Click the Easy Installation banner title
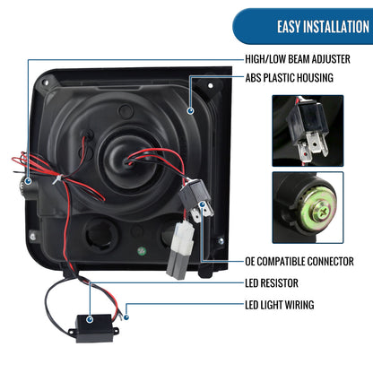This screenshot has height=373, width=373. click(323, 27)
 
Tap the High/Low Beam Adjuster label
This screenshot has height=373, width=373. click(298, 59)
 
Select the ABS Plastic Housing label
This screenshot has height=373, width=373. click(289, 78)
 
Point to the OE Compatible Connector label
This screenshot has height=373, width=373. click(299, 261)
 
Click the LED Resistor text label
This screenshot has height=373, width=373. click(272, 282)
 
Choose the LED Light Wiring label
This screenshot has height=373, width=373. click(280, 305)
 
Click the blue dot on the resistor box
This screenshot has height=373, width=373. click(90, 319)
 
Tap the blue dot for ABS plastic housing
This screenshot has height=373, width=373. click(190, 111)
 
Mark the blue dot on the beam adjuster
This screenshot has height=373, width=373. click(28, 181)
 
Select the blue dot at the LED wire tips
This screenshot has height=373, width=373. click(126, 317)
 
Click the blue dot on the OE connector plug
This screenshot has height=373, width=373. click(203, 204)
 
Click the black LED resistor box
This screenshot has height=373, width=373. click(94, 328)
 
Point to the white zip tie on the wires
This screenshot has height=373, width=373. click(58, 179)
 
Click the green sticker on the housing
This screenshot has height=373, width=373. click(142, 251)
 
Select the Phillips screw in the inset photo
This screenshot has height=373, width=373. click(321, 212)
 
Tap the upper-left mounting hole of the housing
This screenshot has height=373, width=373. click(46, 82)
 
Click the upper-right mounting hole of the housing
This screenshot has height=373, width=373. click(211, 86)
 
